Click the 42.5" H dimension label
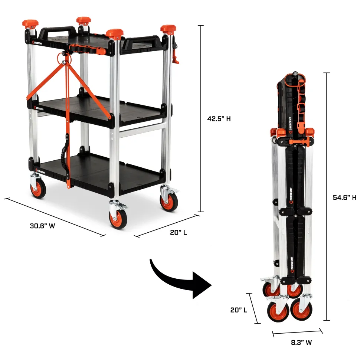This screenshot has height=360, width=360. pos(219,119)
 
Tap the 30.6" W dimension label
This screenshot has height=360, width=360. pos(42,226)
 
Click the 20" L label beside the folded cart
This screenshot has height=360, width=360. pos(239,310)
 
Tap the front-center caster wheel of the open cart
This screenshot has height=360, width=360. pos(118,219)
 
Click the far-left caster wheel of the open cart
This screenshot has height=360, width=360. pos(38,189)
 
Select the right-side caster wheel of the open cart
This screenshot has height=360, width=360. pos(169,202)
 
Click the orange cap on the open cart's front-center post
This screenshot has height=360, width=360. pos(115,33)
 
